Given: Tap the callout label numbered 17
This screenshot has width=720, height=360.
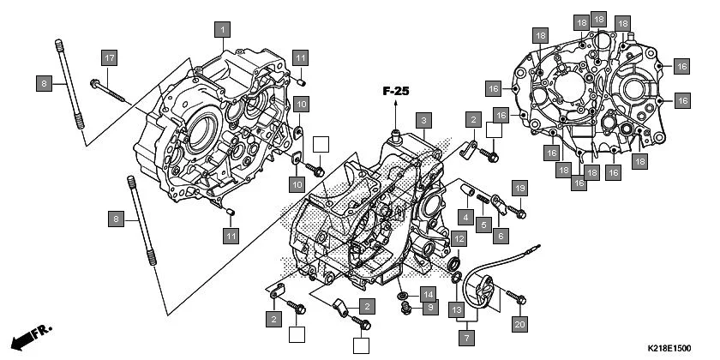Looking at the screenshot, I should (109, 58).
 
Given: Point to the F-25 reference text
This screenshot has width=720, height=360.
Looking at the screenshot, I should (396, 89).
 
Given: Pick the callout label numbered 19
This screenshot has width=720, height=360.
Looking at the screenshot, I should (519, 187).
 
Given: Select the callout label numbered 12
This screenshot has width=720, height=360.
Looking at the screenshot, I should (459, 239).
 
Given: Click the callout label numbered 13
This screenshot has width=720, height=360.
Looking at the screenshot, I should (456, 309).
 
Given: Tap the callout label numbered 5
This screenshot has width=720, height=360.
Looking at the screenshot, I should (483, 225).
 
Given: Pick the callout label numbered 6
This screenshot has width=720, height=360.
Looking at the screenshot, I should (501, 233).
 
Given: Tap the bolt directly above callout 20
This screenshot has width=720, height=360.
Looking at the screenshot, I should (518, 298).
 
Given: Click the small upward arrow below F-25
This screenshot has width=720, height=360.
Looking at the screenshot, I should (396, 106).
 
